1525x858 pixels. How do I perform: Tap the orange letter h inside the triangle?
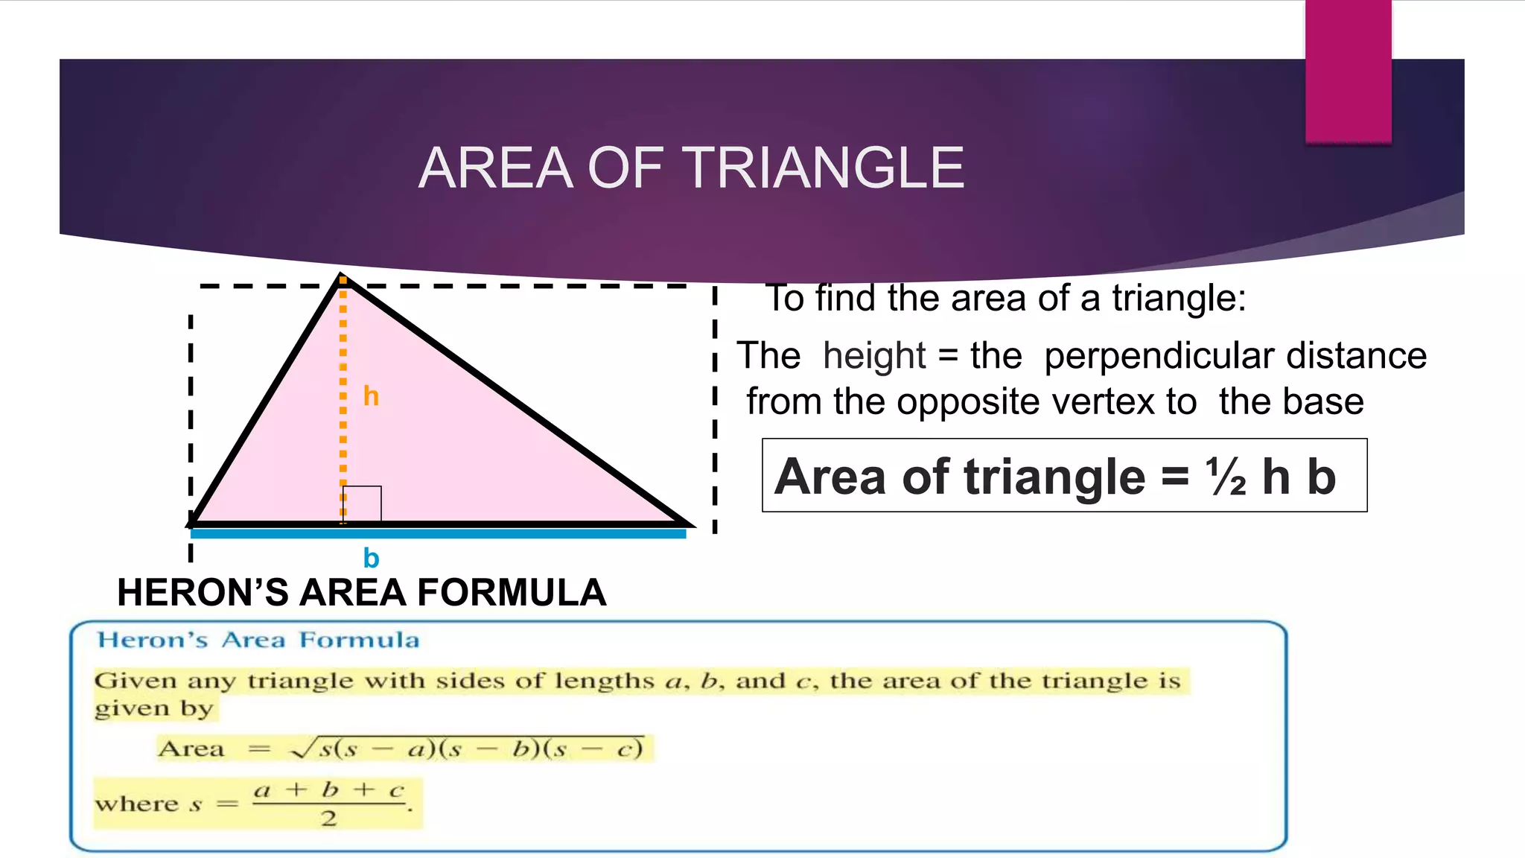coord(371,396)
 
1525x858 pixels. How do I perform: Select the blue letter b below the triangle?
coord(371,558)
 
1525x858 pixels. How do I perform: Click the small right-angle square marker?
coord(363,504)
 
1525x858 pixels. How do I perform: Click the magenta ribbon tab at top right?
coord(1348,71)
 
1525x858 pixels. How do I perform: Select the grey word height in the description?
coord(874,356)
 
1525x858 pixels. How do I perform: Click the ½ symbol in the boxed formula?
coord(1226,477)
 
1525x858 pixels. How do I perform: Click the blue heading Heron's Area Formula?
coord(258,641)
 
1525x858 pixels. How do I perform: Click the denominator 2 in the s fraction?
coord(328,819)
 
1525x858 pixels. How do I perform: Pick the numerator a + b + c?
coord(328,790)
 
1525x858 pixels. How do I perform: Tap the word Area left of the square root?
coord(191,749)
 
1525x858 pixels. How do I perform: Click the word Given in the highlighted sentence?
coord(135,681)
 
